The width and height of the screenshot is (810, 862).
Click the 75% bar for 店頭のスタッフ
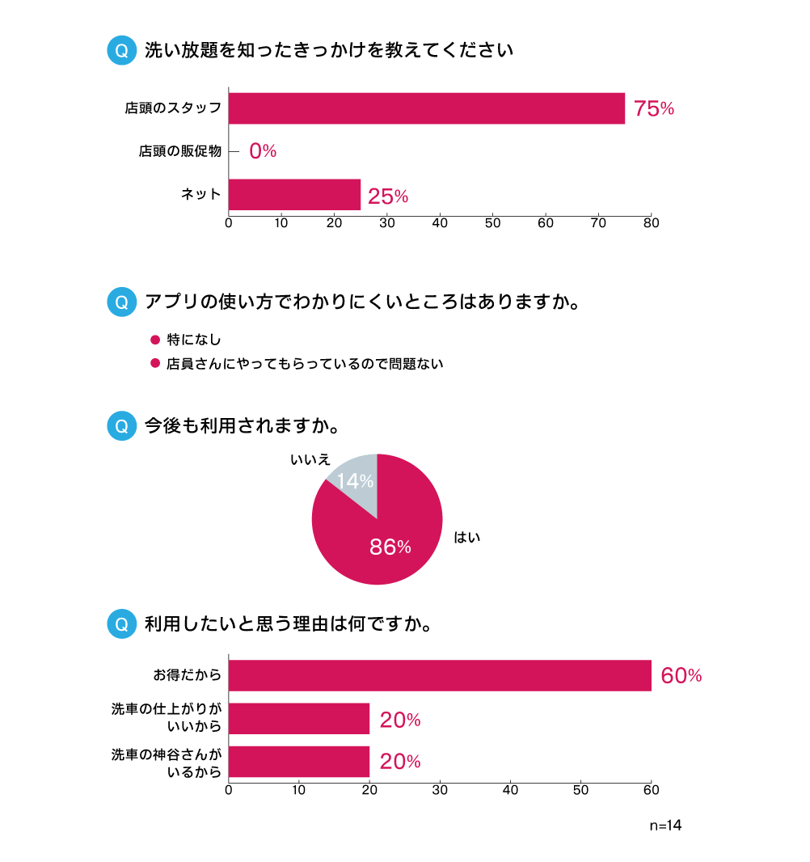[x=427, y=108]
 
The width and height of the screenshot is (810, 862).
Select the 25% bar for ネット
[x=294, y=195]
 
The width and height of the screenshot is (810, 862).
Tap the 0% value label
[x=263, y=151]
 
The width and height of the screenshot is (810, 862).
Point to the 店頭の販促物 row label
[x=179, y=151]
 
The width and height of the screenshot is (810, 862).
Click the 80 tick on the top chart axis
[x=651, y=223]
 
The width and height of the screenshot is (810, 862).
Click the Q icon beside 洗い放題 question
[x=122, y=50]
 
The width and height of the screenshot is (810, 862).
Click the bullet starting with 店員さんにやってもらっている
[x=305, y=364]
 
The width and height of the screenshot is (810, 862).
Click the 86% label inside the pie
[x=390, y=547]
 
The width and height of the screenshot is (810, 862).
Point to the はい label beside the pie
[x=467, y=536]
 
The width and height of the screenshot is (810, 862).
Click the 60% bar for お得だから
[x=440, y=675]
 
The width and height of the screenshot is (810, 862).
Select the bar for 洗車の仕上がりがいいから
[x=299, y=719]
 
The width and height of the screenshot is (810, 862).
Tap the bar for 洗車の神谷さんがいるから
[x=299, y=762]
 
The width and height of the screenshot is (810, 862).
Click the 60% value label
[x=681, y=676]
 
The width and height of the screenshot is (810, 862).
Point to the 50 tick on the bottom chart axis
[x=580, y=790]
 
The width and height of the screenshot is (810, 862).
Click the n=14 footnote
[x=665, y=826]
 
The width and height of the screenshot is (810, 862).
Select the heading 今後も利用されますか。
[x=241, y=425]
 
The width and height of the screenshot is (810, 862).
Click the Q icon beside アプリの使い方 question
[x=122, y=302]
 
